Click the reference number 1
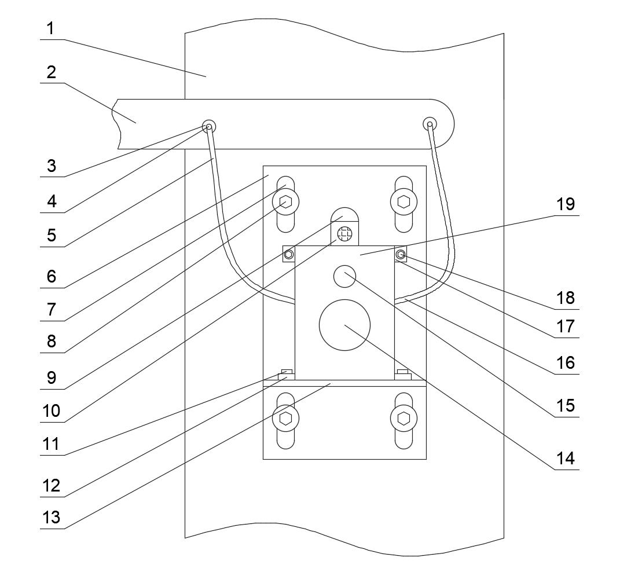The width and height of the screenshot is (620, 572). coord(50,28)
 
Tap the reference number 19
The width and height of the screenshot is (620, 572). coord(566,204)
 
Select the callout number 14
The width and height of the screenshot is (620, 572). coord(566,459)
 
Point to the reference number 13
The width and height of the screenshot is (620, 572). coord(52,517)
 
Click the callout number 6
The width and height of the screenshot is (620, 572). coord(52,276)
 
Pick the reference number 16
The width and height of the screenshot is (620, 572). coord(566,362)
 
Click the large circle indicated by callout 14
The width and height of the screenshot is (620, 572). coord(345,325)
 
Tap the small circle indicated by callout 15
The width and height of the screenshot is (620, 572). coord(345,276)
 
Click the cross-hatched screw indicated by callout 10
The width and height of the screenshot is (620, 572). coord(345,233)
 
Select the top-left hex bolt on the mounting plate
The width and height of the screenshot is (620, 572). coord(285,202)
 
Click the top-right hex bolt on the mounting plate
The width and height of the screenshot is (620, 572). coord(403,202)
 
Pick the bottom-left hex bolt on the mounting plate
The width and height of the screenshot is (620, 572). coord(285,419)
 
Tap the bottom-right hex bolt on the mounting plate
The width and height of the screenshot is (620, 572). coord(403,419)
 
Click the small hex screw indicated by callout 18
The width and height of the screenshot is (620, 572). coord(401,254)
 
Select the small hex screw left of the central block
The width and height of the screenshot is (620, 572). coord(289,254)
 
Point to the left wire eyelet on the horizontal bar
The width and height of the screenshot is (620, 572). coord(209,127)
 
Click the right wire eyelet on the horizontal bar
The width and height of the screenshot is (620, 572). coord(430,124)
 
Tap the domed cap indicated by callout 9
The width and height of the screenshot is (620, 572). coord(345,217)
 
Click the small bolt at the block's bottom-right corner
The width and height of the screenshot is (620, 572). coord(403,375)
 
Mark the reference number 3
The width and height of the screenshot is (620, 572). coord(52,166)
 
